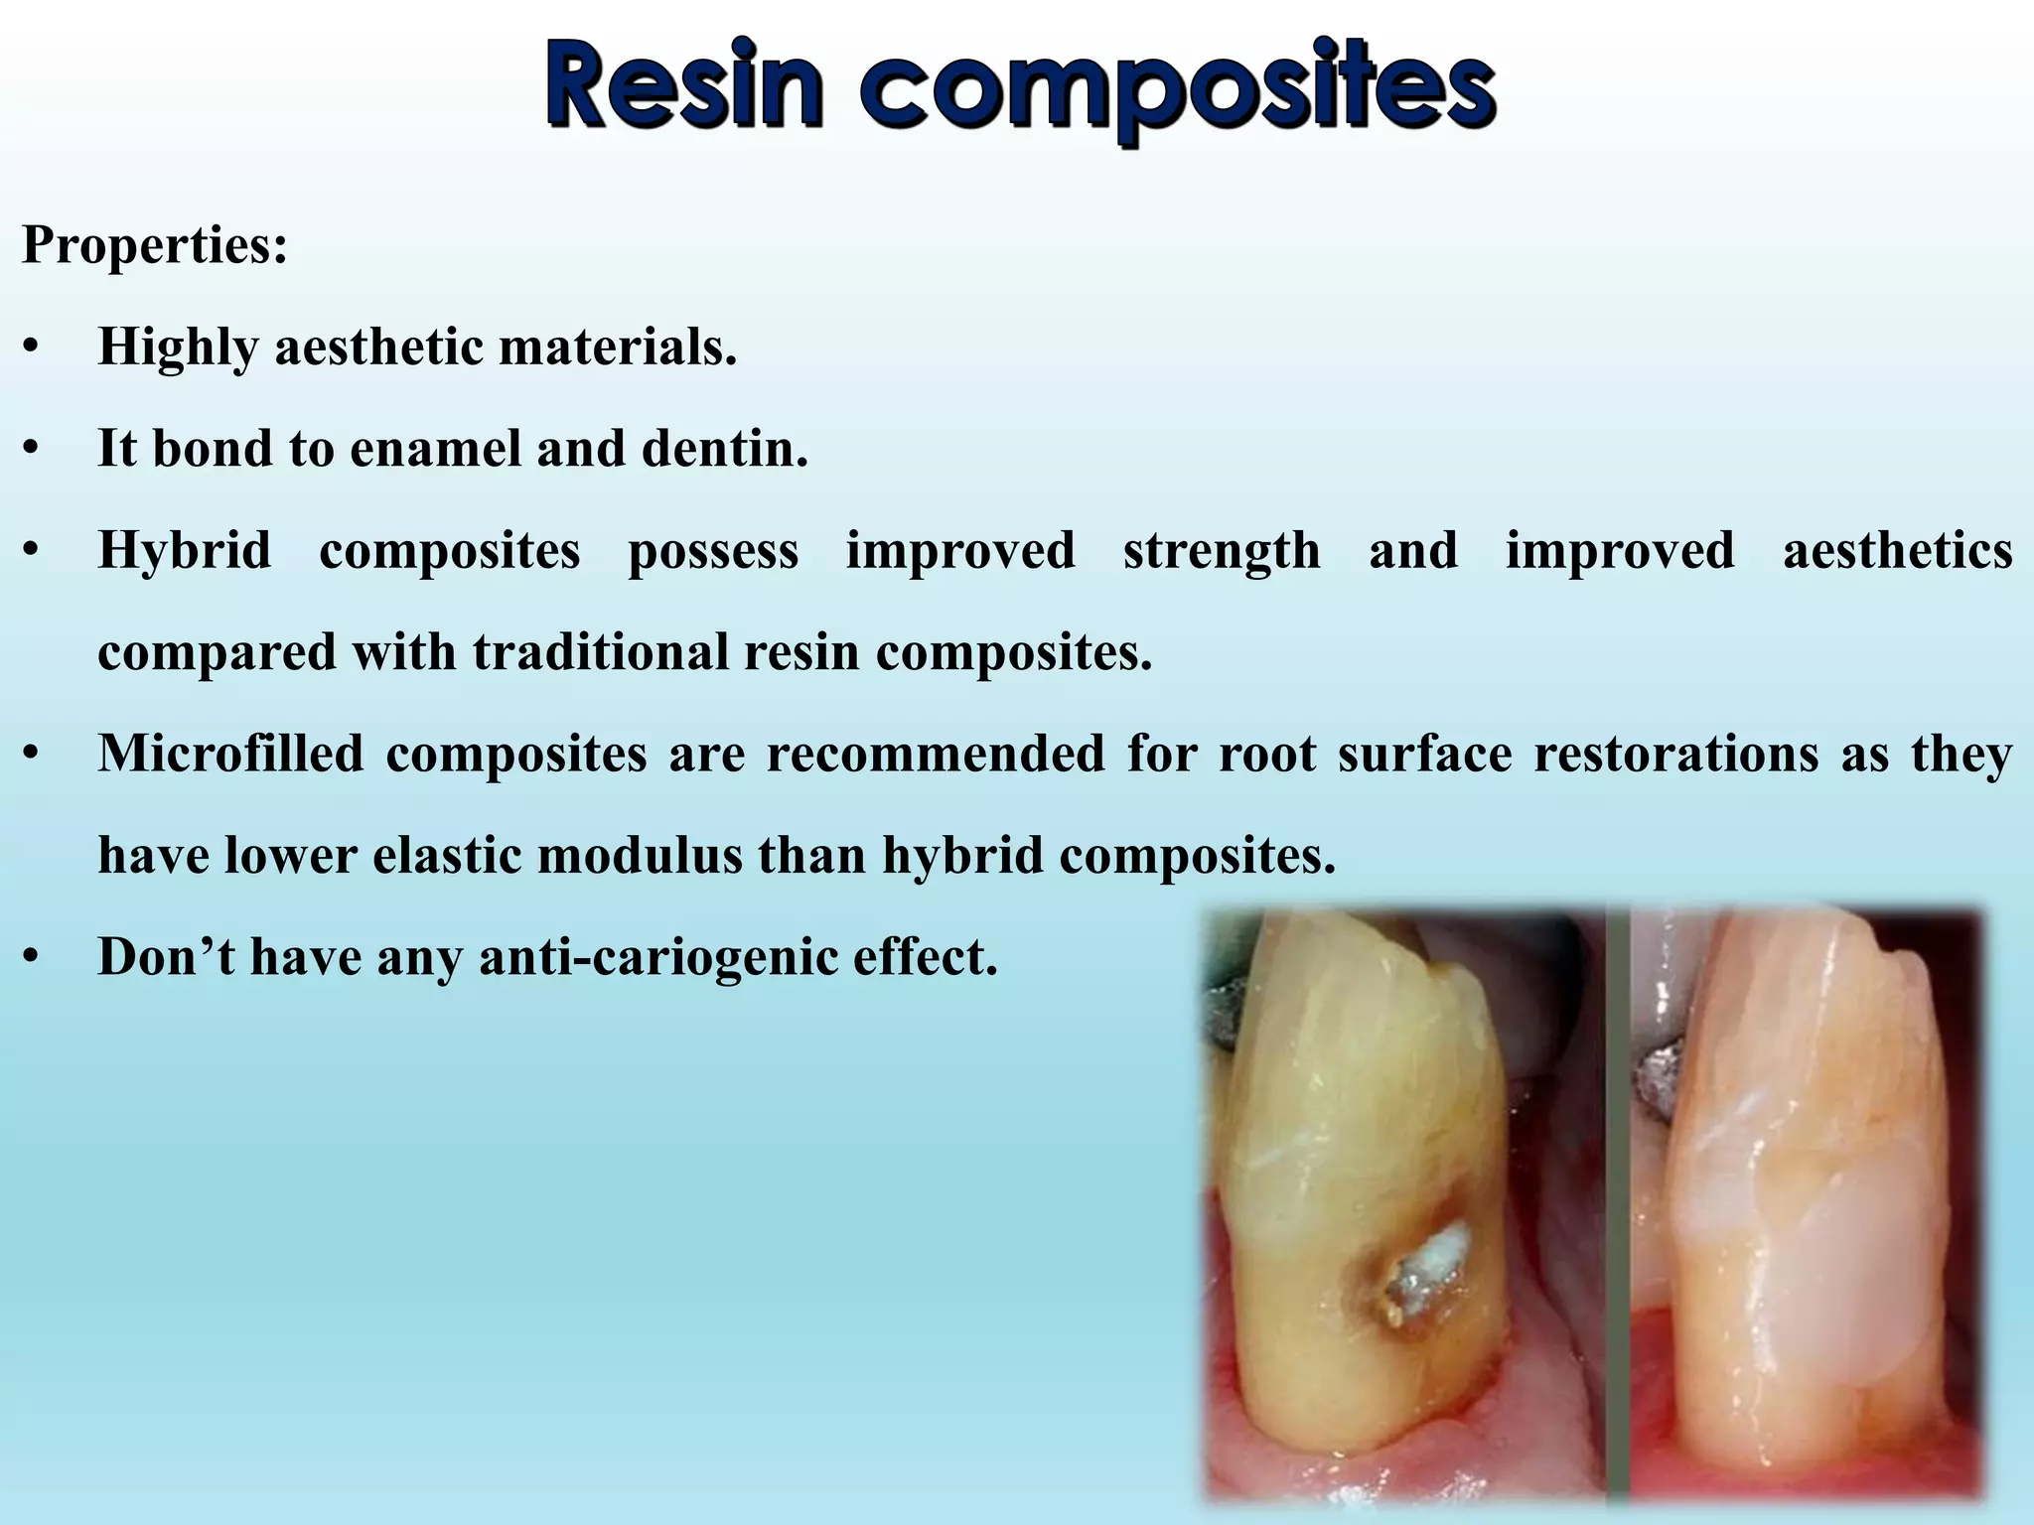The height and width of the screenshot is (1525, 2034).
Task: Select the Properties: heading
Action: (155, 244)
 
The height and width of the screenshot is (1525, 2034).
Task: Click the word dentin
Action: (724, 449)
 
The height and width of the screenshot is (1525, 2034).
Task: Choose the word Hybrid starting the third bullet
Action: (184, 550)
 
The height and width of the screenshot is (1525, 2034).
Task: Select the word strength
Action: (1221, 550)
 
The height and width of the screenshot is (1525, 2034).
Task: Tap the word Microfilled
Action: (230, 754)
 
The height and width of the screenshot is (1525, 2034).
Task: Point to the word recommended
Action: (935, 754)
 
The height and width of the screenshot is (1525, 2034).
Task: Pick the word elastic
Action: (447, 855)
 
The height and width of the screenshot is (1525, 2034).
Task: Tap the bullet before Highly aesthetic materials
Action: (32, 349)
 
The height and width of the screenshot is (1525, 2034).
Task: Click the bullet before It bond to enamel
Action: (32, 451)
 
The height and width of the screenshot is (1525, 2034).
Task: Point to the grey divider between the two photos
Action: (1618, 1191)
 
